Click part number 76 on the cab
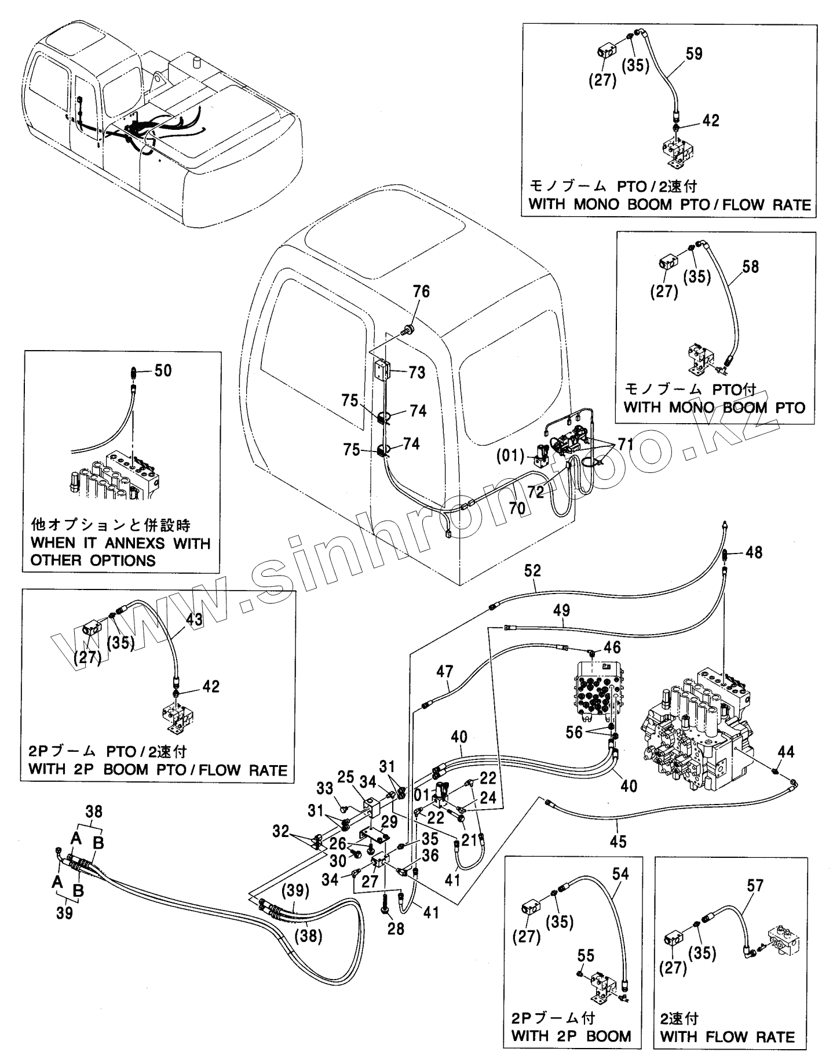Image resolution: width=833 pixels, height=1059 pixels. coord(421,292)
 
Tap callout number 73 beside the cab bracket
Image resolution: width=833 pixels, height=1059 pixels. coord(417,372)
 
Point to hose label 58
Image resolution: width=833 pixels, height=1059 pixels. coord(750,267)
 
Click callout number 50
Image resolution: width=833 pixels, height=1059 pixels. coord(163,370)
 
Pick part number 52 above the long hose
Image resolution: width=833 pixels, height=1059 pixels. coord(532,571)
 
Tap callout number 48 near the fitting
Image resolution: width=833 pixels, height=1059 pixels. coord(754,552)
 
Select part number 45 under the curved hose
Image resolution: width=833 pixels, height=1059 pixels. coord(618,841)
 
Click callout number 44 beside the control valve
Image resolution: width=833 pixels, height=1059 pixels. coord(786,753)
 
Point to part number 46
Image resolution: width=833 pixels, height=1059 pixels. coord(612,646)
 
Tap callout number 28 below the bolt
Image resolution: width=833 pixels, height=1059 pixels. coord(396,929)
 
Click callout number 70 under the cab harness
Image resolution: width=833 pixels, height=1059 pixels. coord(517,508)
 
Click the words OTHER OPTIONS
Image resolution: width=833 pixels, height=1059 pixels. coord(93,561)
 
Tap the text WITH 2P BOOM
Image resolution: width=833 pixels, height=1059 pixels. coord(571,1036)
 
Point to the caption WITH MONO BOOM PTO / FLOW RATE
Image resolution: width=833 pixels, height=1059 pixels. coord(669,205)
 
